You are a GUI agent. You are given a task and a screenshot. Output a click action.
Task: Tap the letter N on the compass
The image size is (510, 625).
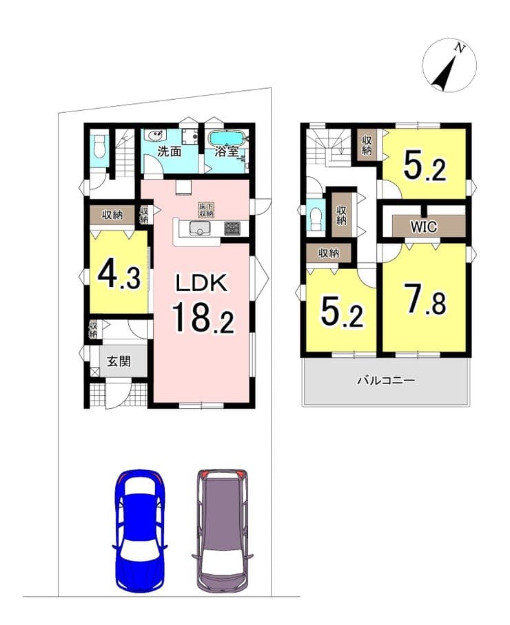460,49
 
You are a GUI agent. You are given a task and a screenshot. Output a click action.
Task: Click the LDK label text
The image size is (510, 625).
203,284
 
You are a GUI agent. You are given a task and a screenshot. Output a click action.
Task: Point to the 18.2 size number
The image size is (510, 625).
203,317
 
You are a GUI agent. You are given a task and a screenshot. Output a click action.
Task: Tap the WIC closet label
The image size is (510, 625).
424,226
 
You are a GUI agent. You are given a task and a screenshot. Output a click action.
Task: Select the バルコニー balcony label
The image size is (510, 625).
386,380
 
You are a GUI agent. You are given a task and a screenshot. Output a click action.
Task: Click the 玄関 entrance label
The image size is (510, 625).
119,361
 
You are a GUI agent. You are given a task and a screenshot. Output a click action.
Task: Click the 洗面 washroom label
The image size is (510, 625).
170,151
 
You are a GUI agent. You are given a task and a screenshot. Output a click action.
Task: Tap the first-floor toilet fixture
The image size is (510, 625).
98,147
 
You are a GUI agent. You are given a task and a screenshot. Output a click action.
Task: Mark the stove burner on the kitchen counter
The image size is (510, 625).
231,229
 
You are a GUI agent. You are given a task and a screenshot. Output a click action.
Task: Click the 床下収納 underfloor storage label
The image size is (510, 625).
206,210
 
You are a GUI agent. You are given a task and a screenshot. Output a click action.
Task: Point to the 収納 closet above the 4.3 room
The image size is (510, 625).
112,215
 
